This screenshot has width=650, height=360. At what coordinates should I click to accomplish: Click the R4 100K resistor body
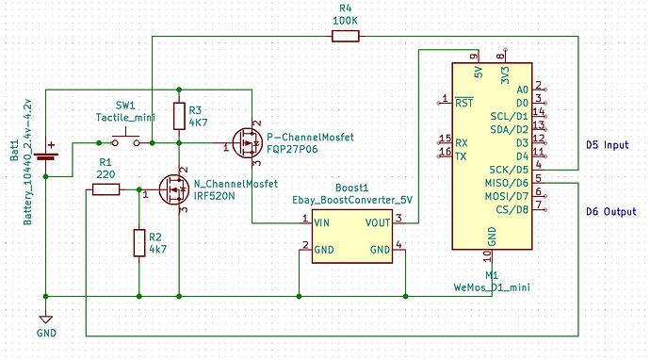pyautogui.click(x=345, y=37)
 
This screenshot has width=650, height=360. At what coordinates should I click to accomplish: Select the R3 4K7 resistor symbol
pyautogui.click(x=179, y=116)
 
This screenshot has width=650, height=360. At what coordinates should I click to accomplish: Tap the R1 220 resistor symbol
pyautogui.click(x=106, y=190)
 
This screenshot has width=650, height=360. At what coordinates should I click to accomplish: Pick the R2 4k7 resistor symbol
pyautogui.click(x=138, y=242)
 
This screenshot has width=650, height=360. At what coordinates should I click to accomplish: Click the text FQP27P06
pyautogui.click(x=293, y=148)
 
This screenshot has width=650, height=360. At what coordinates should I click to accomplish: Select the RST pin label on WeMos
pyautogui.click(x=463, y=102)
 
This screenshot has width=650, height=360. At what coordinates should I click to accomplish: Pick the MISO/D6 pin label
pyautogui.click(x=506, y=182)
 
